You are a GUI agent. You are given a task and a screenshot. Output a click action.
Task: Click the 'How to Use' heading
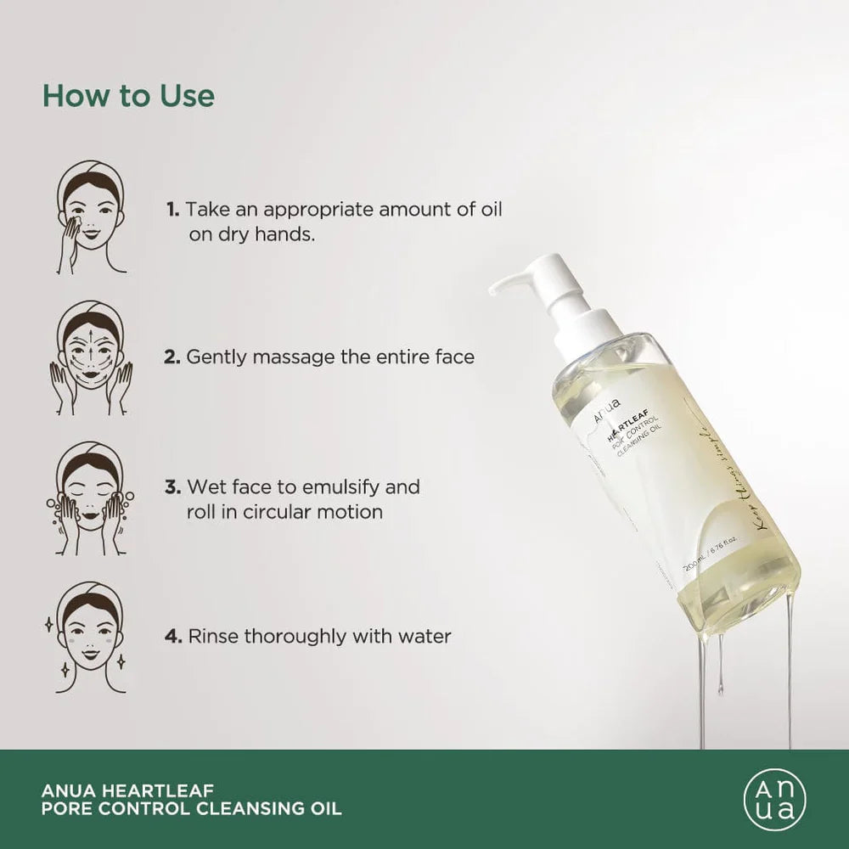point(128,95)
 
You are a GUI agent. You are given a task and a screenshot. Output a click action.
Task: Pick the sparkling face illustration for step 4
point(92,637)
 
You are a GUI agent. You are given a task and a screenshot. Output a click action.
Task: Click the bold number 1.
point(172,210)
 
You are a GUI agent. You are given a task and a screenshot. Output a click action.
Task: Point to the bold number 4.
point(173,636)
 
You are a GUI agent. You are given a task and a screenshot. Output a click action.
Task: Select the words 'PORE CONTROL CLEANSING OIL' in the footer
point(191,809)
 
